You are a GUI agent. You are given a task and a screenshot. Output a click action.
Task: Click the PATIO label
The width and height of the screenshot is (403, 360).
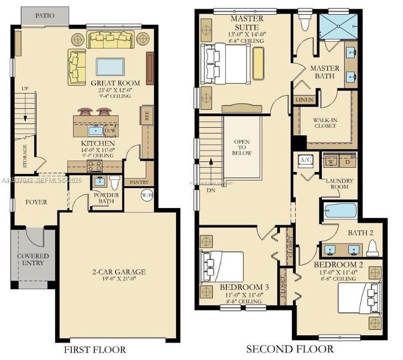43,15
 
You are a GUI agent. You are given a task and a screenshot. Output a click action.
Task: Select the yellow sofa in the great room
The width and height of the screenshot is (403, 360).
114,40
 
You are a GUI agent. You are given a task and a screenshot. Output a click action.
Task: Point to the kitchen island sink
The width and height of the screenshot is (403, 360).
96,130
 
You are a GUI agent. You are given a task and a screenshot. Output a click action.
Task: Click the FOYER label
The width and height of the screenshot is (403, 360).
36,202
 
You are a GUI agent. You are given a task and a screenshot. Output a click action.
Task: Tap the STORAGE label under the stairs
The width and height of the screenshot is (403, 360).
25,156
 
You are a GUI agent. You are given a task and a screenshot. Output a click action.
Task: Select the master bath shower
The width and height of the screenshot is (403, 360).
337,28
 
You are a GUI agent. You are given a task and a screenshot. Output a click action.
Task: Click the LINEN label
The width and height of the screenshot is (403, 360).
304,99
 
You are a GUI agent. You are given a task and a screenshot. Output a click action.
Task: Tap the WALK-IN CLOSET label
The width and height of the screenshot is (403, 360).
325,122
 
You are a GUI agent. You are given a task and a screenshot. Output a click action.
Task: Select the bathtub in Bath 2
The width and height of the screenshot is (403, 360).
340,210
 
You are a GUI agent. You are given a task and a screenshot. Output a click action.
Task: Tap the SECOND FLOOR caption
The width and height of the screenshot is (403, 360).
290,349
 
